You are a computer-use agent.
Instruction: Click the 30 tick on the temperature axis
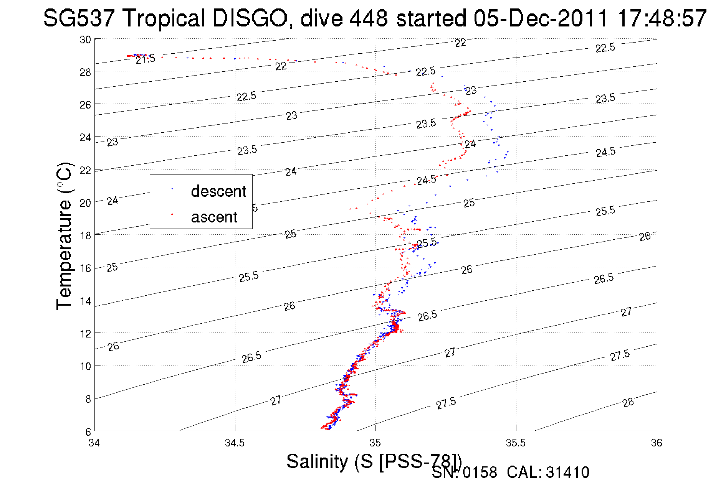click(85, 40)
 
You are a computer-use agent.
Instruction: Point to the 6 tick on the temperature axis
click(88, 432)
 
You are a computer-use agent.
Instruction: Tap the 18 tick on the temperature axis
click(85, 235)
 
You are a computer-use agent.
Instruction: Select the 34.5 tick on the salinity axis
click(235, 443)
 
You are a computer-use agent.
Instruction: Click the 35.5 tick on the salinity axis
click(516, 443)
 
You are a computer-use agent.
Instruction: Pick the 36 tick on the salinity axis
click(657, 443)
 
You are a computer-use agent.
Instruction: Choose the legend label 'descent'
click(218, 191)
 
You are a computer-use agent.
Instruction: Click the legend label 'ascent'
click(214, 217)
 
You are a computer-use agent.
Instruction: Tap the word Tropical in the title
click(164, 18)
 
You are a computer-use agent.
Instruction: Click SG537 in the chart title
click(79, 18)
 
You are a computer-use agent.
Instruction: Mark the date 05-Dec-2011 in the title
click(541, 18)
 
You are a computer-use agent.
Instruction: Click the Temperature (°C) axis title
click(64, 236)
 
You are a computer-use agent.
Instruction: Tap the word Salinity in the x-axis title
click(317, 461)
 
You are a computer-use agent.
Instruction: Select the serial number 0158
click(480, 472)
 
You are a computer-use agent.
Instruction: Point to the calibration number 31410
click(567, 472)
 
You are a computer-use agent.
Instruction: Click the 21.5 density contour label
click(146, 59)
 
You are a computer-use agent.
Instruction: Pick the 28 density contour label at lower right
click(628, 403)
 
